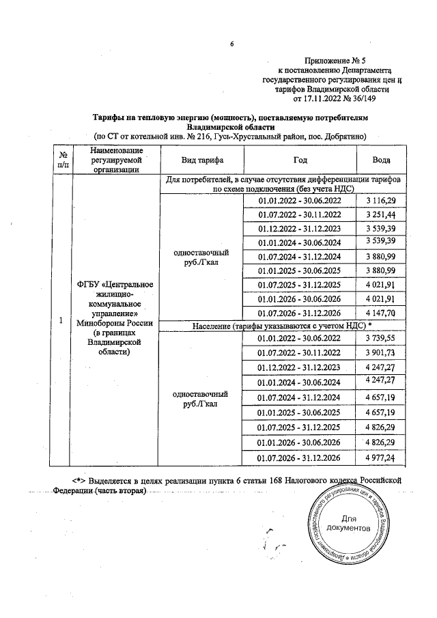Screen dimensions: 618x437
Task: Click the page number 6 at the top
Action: [231, 45]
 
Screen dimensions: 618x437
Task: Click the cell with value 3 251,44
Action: [380, 214]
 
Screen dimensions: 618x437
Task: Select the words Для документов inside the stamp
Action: [348, 524]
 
